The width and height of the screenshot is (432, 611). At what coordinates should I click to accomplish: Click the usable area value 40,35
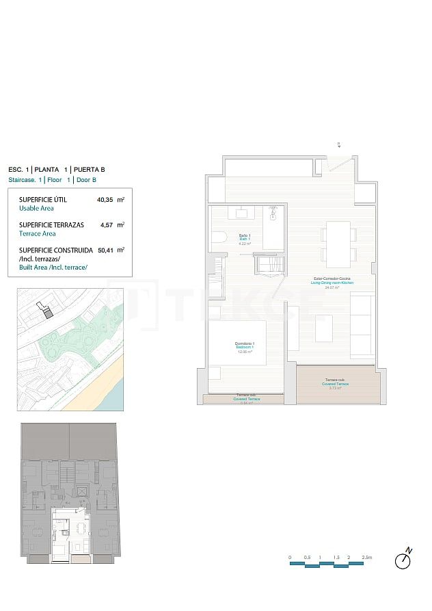pyautogui.click(x=105, y=200)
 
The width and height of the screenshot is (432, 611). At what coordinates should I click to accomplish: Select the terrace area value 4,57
pyautogui.click(x=106, y=224)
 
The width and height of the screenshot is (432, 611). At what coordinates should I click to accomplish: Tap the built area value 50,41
pyautogui.click(x=105, y=250)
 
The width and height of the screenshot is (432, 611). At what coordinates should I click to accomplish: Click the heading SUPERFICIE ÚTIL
pyautogui.click(x=43, y=200)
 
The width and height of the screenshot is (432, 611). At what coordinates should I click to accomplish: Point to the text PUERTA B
pyautogui.click(x=90, y=169)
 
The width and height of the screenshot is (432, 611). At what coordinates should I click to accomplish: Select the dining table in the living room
pyautogui.click(x=338, y=244)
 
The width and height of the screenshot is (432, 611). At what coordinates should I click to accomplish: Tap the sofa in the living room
pyautogui.click(x=362, y=324)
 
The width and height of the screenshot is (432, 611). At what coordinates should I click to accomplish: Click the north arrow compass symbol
pyautogui.click(x=405, y=560)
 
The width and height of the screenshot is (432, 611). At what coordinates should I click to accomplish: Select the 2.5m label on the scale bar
pyautogui.click(x=367, y=558)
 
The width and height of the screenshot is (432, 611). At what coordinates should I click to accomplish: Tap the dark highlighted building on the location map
pyautogui.click(x=47, y=312)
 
